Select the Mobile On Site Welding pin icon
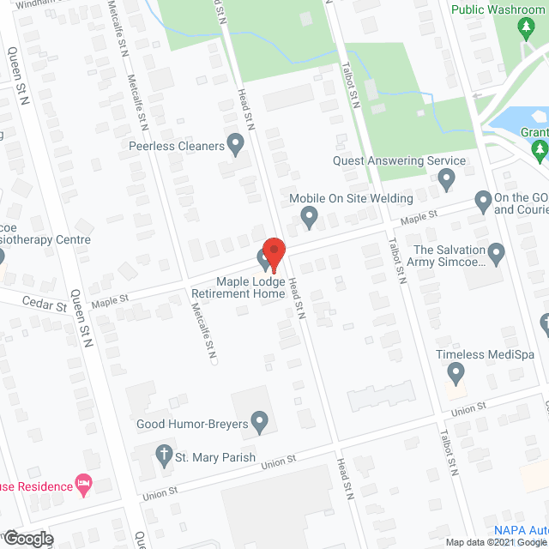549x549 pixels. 310,220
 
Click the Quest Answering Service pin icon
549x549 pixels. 446,180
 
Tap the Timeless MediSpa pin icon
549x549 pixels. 456,373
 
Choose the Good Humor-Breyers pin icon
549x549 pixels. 262,422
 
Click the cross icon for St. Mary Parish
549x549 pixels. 164,454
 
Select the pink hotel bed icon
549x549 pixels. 83,486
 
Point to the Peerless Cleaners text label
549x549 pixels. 177,146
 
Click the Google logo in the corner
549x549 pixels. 27,539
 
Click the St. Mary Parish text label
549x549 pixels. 216,457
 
